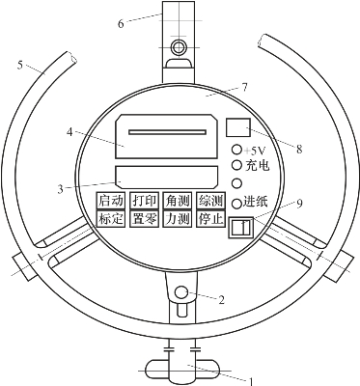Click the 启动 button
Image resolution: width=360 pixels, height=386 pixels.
[111, 201]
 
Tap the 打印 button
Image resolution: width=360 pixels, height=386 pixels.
[145, 201]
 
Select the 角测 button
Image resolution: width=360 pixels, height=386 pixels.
[178, 201]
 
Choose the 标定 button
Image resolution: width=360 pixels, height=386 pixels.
[111, 219]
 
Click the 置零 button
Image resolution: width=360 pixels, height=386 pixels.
[145, 219]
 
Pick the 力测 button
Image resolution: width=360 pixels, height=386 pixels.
[178, 219]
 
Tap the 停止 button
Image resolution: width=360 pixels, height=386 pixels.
[210, 219]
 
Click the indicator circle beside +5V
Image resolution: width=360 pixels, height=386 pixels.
[236, 150]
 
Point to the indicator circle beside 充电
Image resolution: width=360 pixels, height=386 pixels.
[236, 165]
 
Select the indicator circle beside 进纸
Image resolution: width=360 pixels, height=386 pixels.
[236, 203]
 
